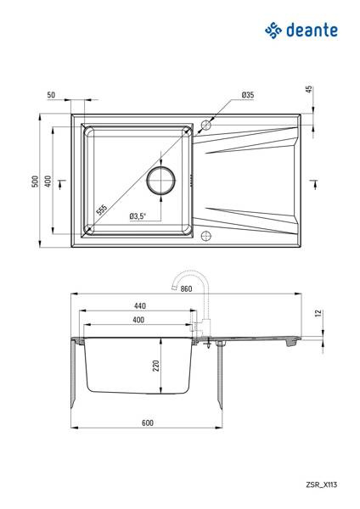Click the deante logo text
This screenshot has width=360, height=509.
(x=312, y=31)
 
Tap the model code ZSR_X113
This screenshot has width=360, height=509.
(x=321, y=484)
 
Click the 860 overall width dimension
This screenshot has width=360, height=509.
(x=186, y=288)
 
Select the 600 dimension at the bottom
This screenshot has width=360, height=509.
(x=147, y=422)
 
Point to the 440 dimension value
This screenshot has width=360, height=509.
(x=140, y=305)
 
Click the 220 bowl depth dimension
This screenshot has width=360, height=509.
(x=156, y=366)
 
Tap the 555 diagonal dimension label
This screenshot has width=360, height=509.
(x=102, y=210)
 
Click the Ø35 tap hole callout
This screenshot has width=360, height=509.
(x=248, y=95)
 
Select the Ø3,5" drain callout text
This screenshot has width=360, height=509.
(x=138, y=215)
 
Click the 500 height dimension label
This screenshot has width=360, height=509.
(x=35, y=182)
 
